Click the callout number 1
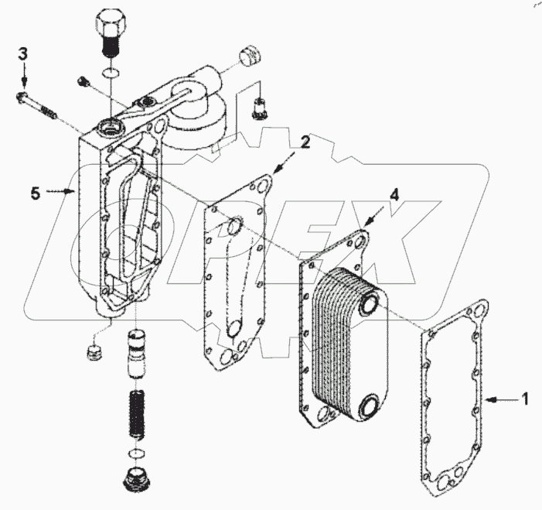(x=524, y=400)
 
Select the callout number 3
(x=23, y=54)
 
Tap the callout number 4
(x=394, y=197)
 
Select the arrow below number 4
(x=376, y=216)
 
